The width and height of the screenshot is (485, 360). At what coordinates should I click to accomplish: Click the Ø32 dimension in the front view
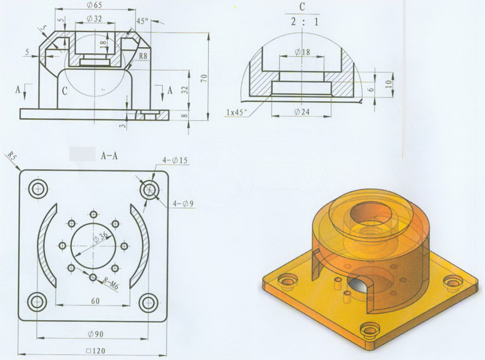pos(95,19)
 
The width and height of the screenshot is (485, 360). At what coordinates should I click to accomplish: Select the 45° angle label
pos(142,21)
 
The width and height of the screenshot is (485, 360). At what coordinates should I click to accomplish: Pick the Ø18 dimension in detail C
pos(301,52)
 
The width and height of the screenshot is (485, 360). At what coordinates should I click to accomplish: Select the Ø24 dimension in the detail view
pos(301,111)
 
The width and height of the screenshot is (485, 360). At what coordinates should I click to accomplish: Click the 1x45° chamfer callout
pos(237,111)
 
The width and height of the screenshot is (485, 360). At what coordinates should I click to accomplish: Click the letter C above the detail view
pos(302,7)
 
